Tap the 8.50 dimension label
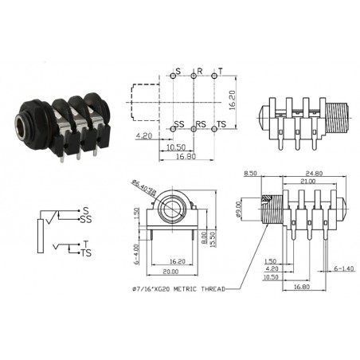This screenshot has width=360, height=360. tap(249, 172)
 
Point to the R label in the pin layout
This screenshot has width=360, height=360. tap(199, 72)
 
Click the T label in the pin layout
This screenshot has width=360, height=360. tap(221, 72)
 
